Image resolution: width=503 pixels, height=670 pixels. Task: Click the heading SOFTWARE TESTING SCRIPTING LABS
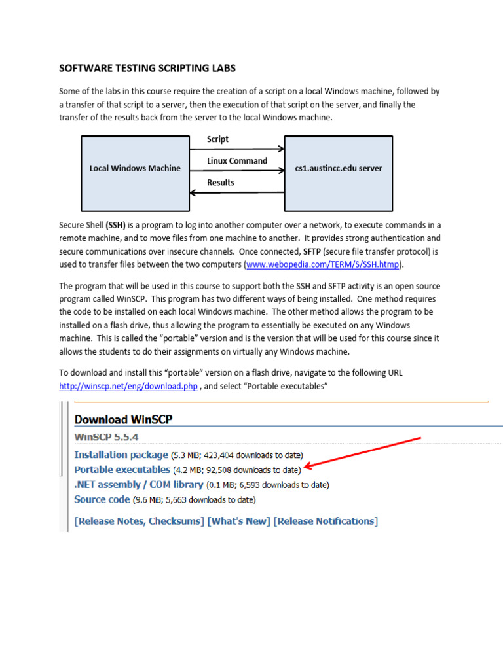click(147, 68)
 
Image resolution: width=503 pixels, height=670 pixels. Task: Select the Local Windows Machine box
click(134, 168)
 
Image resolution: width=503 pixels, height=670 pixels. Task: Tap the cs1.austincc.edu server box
click(338, 168)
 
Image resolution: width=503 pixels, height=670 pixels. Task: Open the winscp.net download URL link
click(128, 386)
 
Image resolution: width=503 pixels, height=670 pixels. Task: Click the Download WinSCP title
click(124, 419)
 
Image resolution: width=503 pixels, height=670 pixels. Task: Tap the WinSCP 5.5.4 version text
click(106, 437)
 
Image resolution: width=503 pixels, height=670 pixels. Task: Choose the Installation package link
click(121, 455)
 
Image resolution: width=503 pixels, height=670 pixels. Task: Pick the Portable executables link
click(122, 470)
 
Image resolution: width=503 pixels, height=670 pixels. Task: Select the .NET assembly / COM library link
click(139, 485)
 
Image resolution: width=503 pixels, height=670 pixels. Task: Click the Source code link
click(102, 500)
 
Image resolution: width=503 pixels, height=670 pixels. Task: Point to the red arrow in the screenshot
click(363, 453)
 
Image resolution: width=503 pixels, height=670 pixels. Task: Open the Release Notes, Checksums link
click(140, 521)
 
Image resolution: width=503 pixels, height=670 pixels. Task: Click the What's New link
click(239, 521)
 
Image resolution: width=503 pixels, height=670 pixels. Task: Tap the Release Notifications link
click(326, 521)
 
